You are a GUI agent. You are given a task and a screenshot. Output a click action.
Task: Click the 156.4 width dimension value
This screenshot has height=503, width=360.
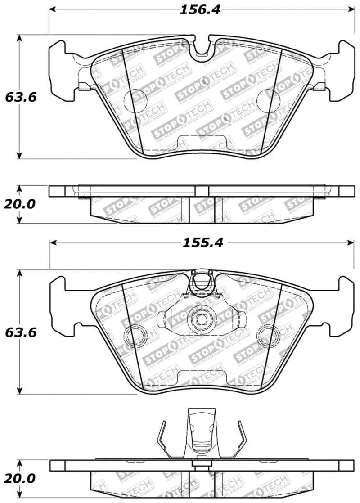(x=200, y=9)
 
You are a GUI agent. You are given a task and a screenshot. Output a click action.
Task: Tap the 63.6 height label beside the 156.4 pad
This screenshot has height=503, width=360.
(x=20, y=97)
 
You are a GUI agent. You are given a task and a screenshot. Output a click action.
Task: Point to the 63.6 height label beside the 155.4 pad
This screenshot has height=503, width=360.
(x=20, y=332)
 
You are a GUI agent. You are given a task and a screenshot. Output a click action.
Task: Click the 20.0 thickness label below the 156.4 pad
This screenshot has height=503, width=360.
(x=19, y=204)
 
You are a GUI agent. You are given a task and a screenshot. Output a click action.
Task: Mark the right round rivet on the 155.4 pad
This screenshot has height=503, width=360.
(x=266, y=335)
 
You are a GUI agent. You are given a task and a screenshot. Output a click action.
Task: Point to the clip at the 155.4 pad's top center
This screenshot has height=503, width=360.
(x=201, y=283)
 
